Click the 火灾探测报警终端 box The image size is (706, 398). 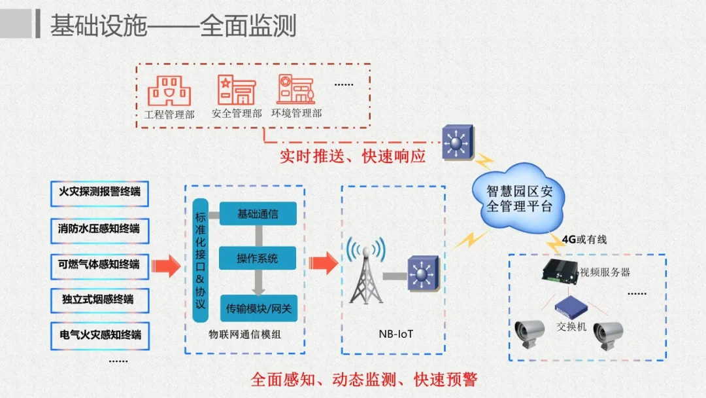[99, 192]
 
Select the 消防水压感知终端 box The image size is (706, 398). [99, 228]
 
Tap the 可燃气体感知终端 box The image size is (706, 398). [99, 264]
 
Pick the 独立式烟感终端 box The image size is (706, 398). [99, 300]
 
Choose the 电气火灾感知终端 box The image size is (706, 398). [99, 335]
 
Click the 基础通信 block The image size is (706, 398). [258, 213]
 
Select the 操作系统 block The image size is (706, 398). [258, 258]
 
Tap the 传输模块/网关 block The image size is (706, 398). [258, 307]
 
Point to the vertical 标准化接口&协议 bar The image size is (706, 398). [201, 260]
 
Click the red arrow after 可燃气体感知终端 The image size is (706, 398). [165, 266]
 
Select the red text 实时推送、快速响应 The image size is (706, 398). [352, 156]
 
